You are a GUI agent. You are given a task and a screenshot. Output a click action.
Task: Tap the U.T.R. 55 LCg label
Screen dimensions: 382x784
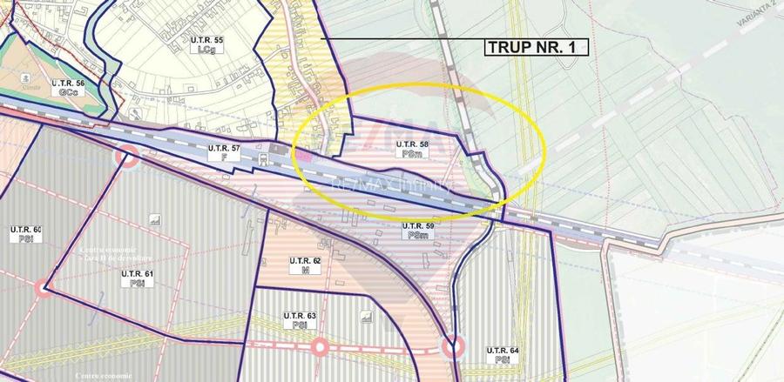tap(206, 46)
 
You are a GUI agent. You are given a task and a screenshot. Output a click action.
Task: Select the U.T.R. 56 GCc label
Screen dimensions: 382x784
tap(68, 88)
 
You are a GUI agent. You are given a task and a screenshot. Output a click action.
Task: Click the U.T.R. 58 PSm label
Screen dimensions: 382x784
tap(412, 148)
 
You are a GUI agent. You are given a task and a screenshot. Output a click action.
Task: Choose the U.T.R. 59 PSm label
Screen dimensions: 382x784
tap(417, 231)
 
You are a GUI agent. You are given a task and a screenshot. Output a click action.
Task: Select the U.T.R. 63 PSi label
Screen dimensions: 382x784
tap(299, 319)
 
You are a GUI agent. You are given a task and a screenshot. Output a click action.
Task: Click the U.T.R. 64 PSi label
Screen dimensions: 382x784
tap(502, 355)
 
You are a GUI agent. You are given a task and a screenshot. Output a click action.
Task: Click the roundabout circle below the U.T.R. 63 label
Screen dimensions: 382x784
tap(320, 347)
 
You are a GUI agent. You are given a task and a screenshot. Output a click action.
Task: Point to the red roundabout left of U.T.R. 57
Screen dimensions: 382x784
tap(127, 157)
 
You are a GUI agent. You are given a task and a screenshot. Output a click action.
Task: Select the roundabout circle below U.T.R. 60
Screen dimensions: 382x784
tap(42, 288)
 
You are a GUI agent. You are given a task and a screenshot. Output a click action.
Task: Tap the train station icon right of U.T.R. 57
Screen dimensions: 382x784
tap(277, 150)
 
